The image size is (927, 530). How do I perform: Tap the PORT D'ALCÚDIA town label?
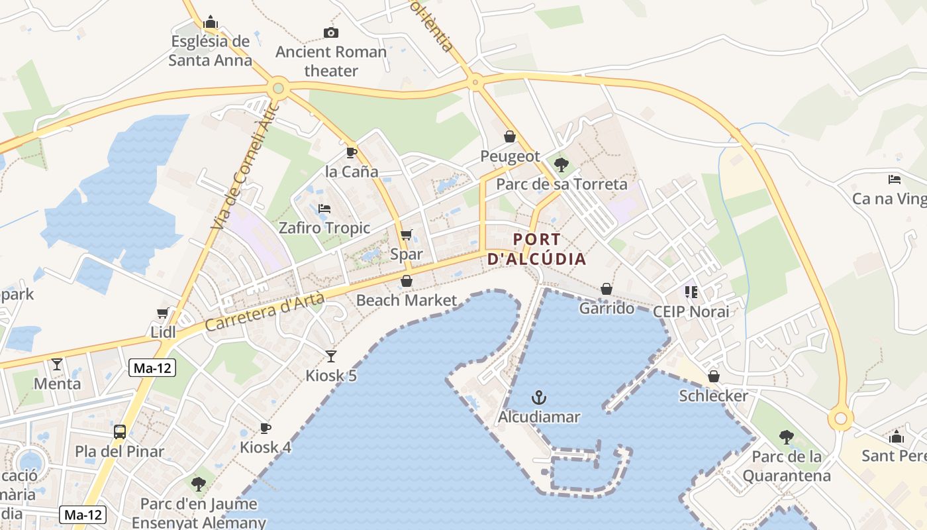pos(537,249)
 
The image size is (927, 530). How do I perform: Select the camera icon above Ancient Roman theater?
pos(330,32)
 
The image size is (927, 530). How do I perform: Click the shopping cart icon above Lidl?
pos(163,313)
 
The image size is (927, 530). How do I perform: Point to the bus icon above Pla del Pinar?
pos(120,432)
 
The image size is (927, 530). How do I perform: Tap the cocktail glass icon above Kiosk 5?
pos(330,356)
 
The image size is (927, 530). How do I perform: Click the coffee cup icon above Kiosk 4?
pos(266,428)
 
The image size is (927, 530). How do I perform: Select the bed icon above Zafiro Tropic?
pos(324,209)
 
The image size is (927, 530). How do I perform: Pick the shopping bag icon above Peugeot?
pos(510,136)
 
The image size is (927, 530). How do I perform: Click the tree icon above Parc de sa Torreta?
pos(561,164)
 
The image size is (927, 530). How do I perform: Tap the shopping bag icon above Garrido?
pos(607,289)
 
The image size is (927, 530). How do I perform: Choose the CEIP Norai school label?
pos(691,311)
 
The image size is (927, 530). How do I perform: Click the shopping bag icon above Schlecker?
pos(714,376)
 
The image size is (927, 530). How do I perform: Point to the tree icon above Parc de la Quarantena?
pos(787,437)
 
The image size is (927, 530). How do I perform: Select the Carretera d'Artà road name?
pos(265,312)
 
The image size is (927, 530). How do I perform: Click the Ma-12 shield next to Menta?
pos(152,368)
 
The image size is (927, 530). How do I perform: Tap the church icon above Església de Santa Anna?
pos(211,22)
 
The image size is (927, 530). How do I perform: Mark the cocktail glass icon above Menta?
pos(57,364)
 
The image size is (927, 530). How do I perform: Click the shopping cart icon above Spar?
pos(407,235)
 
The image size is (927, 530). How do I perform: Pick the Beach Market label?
pos(407,300)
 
